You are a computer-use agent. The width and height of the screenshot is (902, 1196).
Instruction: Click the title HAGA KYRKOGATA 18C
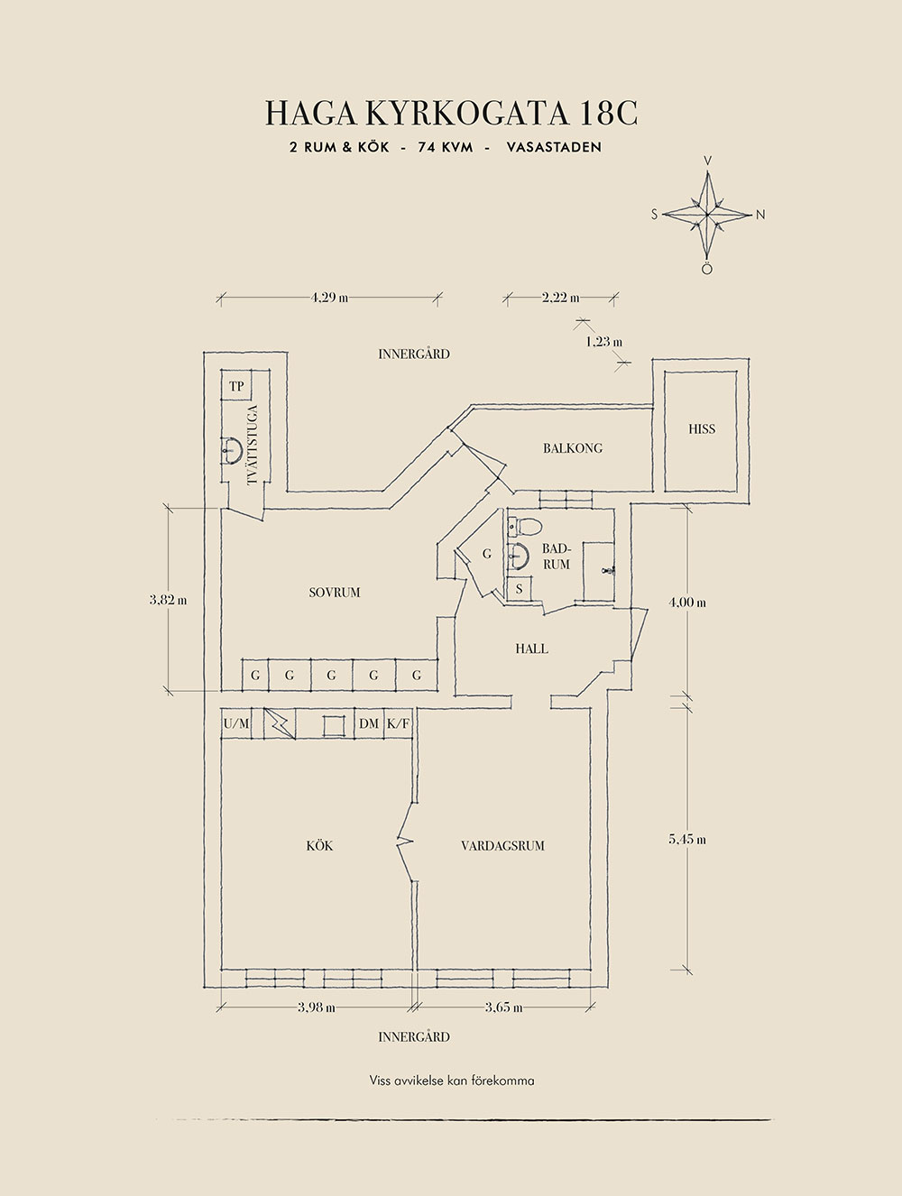pyautogui.click(x=451, y=113)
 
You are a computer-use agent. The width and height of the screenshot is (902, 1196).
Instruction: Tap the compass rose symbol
pyautogui.click(x=709, y=215)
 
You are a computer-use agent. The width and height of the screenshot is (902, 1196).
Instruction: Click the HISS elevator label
pyautogui.click(x=701, y=429)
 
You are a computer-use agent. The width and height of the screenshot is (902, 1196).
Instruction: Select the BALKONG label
pyautogui.click(x=573, y=448)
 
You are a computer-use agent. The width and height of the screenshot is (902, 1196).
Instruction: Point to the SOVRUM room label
pyautogui.click(x=334, y=593)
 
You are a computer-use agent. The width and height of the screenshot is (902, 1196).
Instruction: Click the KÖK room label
pyautogui.click(x=319, y=846)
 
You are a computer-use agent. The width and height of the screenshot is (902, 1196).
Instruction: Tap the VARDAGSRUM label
pyautogui.click(x=502, y=846)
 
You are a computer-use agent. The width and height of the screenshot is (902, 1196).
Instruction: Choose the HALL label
pyautogui.click(x=531, y=649)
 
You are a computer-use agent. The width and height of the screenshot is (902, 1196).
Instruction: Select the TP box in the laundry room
pyautogui.click(x=236, y=386)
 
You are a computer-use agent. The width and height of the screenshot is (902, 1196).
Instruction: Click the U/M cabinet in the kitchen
pyautogui.click(x=236, y=723)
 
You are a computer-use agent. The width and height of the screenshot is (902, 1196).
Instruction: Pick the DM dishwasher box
pyautogui.click(x=368, y=723)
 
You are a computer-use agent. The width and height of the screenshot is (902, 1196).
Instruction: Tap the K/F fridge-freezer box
pyautogui.click(x=397, y=723)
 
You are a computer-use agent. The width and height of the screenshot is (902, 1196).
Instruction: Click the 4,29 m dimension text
pyautogui.click(x=329, y=297)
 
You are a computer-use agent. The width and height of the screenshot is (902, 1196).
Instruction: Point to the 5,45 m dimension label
pyautogui.click(x=687, y=839)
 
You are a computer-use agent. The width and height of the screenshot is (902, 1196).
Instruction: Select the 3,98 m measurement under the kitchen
pyautogui.click(x=316, y=1007)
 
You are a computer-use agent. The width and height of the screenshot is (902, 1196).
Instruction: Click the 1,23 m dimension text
pyautogui.click(x=603, y=342)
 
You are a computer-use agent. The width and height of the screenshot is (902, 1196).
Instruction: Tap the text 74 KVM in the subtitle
pyautogui.click(x=446, y=147)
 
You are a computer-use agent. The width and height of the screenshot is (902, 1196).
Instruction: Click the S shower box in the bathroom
pyautogui.click(x=519, y=589)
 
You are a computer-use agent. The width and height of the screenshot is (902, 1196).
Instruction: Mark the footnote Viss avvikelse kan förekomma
pyautogui.click(x=451, y=1080)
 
